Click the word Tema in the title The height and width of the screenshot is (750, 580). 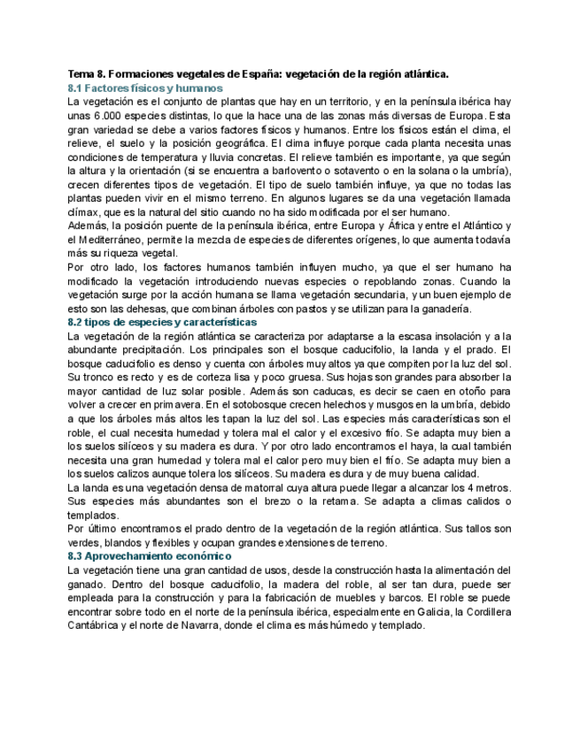(81, 75)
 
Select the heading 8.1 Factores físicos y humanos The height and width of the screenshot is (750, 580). (145, 88)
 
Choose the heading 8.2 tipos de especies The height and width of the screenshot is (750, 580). (162, 322)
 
